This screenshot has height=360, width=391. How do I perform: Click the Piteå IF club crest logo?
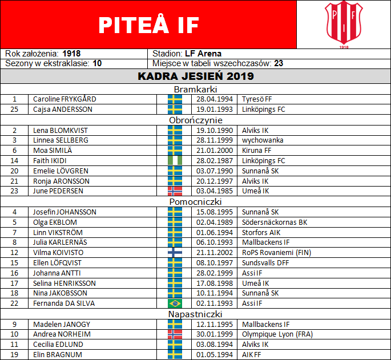[x=343, y=24]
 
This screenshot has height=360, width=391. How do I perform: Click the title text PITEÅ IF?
[x=148, y=25]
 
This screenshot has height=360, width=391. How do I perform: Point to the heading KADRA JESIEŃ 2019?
[x=196, y=76]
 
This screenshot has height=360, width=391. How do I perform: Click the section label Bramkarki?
[x=195, y=89]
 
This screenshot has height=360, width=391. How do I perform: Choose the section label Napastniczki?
[x=195, y=314]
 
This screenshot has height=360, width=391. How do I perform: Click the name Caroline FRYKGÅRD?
[x=65, y=99]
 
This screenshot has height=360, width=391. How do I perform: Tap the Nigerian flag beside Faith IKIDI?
[x=175, y=161]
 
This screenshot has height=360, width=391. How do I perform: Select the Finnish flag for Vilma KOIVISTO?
[x=175, y=253]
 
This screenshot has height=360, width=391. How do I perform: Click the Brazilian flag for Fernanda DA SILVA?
[x=175, y=304]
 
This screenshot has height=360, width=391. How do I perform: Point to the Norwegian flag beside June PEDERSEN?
[x=175, y=192]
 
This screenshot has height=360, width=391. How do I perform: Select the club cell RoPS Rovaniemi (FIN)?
[x=276, y=253]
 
